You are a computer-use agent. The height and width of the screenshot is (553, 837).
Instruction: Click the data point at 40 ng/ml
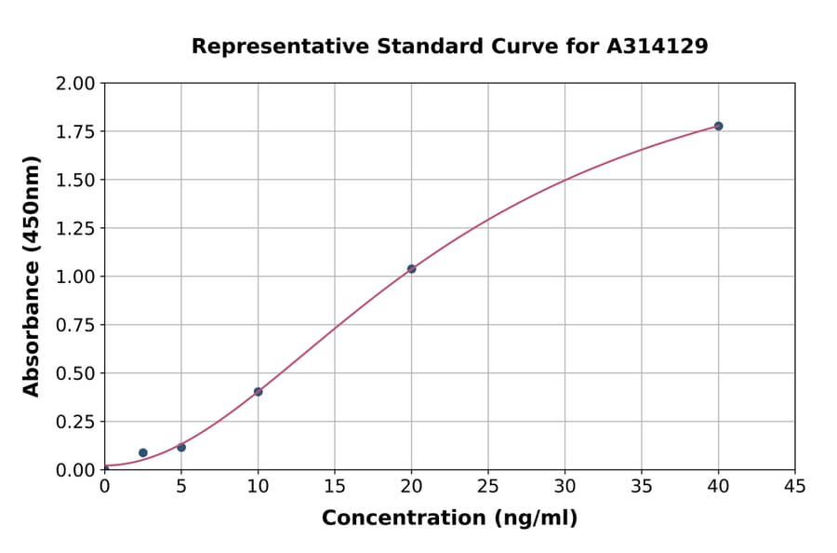pos(718,126)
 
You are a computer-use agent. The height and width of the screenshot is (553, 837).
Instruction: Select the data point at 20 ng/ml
pos(411,269)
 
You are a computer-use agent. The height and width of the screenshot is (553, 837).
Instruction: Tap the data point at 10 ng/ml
pos(258,392)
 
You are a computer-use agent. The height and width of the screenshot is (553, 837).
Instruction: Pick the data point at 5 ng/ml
pos(181,448)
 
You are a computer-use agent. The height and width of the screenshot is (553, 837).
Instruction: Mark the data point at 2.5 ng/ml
pos(142,452)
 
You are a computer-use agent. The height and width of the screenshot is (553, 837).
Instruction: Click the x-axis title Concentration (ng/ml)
pos(449,519)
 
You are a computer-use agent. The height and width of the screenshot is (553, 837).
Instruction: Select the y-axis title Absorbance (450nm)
pos(32,276)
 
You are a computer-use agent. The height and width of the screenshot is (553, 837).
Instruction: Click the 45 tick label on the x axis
pos(794,486)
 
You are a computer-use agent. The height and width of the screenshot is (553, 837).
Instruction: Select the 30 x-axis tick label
pos(565,486)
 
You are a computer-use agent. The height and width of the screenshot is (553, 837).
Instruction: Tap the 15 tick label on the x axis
pos(335,486)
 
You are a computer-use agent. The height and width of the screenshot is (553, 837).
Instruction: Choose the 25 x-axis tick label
pos(488,486)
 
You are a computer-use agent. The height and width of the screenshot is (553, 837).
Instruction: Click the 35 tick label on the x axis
pos(642,486)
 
